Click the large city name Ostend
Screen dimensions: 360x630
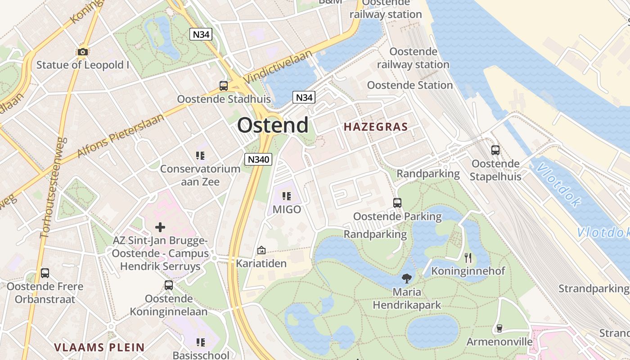coord(273,125)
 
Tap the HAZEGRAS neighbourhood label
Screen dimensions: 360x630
coord(376,127)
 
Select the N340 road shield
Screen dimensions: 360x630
coord(258,159)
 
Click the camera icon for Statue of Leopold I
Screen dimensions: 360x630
coord(82,52)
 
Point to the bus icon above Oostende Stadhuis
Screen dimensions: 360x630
coord(223,85)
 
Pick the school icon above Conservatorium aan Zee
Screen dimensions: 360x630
coord(200,156)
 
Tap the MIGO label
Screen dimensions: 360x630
coord(287,209)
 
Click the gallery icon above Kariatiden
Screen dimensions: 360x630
coord(261,250)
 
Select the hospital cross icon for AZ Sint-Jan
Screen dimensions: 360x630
coord(160,227)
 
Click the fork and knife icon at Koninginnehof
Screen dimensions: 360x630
coord(468,257)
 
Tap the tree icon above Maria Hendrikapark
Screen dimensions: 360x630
coord(407,278)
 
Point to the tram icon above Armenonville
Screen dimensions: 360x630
coord(499,328)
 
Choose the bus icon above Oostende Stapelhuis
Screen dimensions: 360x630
coord(495,150)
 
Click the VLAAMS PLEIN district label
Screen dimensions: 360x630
coord(99,347)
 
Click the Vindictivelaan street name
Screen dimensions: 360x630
coord(277,67)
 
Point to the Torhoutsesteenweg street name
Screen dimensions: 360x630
coord(54,188)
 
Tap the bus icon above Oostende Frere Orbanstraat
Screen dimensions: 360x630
coord(45,273)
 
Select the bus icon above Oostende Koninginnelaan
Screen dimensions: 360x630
coord(169,285)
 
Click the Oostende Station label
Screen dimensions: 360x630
coord(409,85)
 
